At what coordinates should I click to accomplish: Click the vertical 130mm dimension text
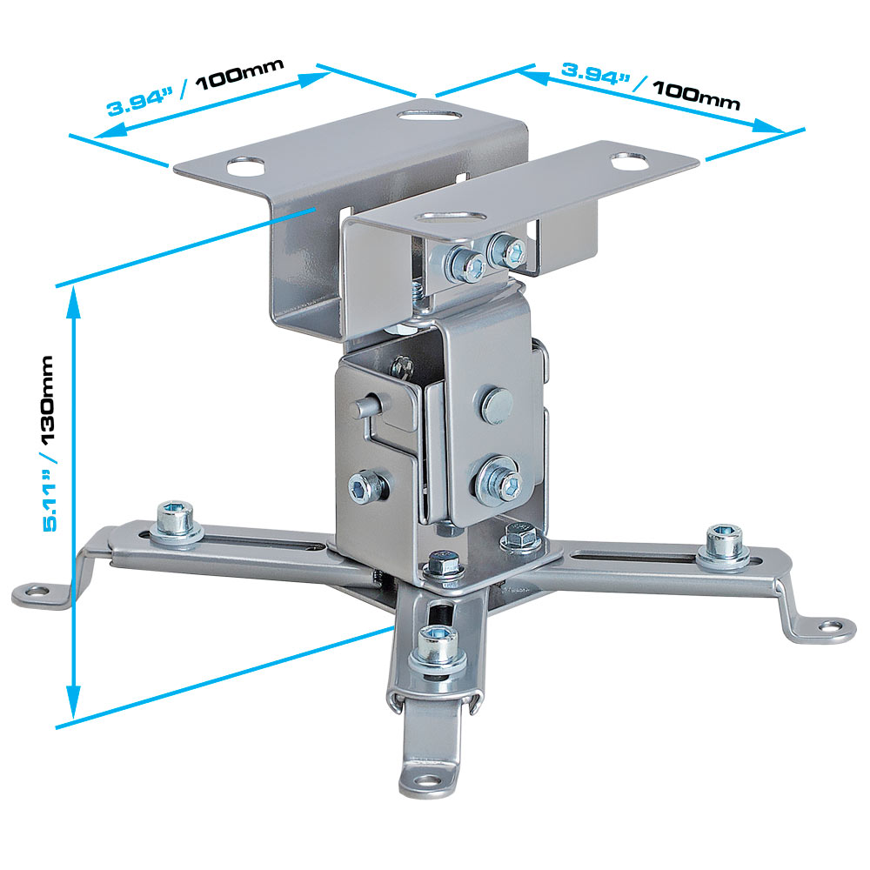pos(49,399)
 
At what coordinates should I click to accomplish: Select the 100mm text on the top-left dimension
pos(240,74)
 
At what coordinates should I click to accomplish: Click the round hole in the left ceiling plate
pos(245,166)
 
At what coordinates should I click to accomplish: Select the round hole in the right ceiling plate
pos(630,162)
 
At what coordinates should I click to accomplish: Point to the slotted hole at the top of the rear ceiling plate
pos(429,115)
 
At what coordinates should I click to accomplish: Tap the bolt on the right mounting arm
pos(724,546)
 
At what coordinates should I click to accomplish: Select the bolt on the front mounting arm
pos(438,650)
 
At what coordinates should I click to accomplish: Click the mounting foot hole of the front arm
pos(428,780)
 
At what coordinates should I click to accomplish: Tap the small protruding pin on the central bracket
pos(365,406)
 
